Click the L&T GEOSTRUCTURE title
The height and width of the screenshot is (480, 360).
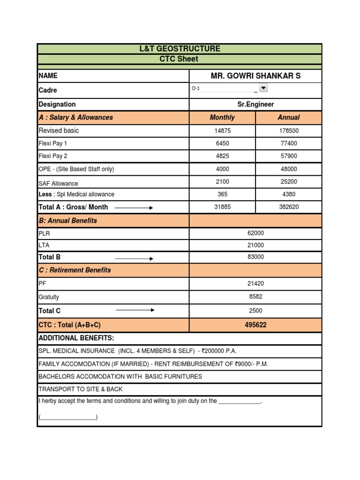point(180,49)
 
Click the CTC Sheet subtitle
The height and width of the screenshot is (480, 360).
point(180,59)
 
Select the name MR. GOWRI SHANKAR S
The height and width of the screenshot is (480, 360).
point(255,76)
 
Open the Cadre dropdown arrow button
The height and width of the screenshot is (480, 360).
point(263,88)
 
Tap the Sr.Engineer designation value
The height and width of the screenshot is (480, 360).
point(255,105)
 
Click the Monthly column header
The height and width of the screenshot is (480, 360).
point(222,118)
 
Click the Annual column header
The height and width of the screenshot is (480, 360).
point(289,118)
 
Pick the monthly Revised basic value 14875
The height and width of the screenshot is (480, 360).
point(222,131)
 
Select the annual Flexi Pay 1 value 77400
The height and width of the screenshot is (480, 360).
point(289,143)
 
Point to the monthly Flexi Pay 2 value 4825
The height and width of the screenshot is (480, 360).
point(222,156)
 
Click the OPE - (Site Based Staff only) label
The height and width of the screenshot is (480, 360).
point(76,169)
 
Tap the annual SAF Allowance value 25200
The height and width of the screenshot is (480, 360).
point(289,181)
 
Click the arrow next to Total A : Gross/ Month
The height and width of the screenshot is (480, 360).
point(134,207)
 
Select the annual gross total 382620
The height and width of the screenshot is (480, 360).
point(289,207)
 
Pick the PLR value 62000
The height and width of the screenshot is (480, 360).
point(255,233)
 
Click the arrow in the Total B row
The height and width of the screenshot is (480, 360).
point(135,258)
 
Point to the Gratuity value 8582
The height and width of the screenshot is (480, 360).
point(255,297)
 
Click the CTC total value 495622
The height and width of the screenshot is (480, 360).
point(255,325)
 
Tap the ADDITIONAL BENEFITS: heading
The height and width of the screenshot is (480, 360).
point(76,338)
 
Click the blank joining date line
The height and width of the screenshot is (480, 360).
point(240,402)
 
